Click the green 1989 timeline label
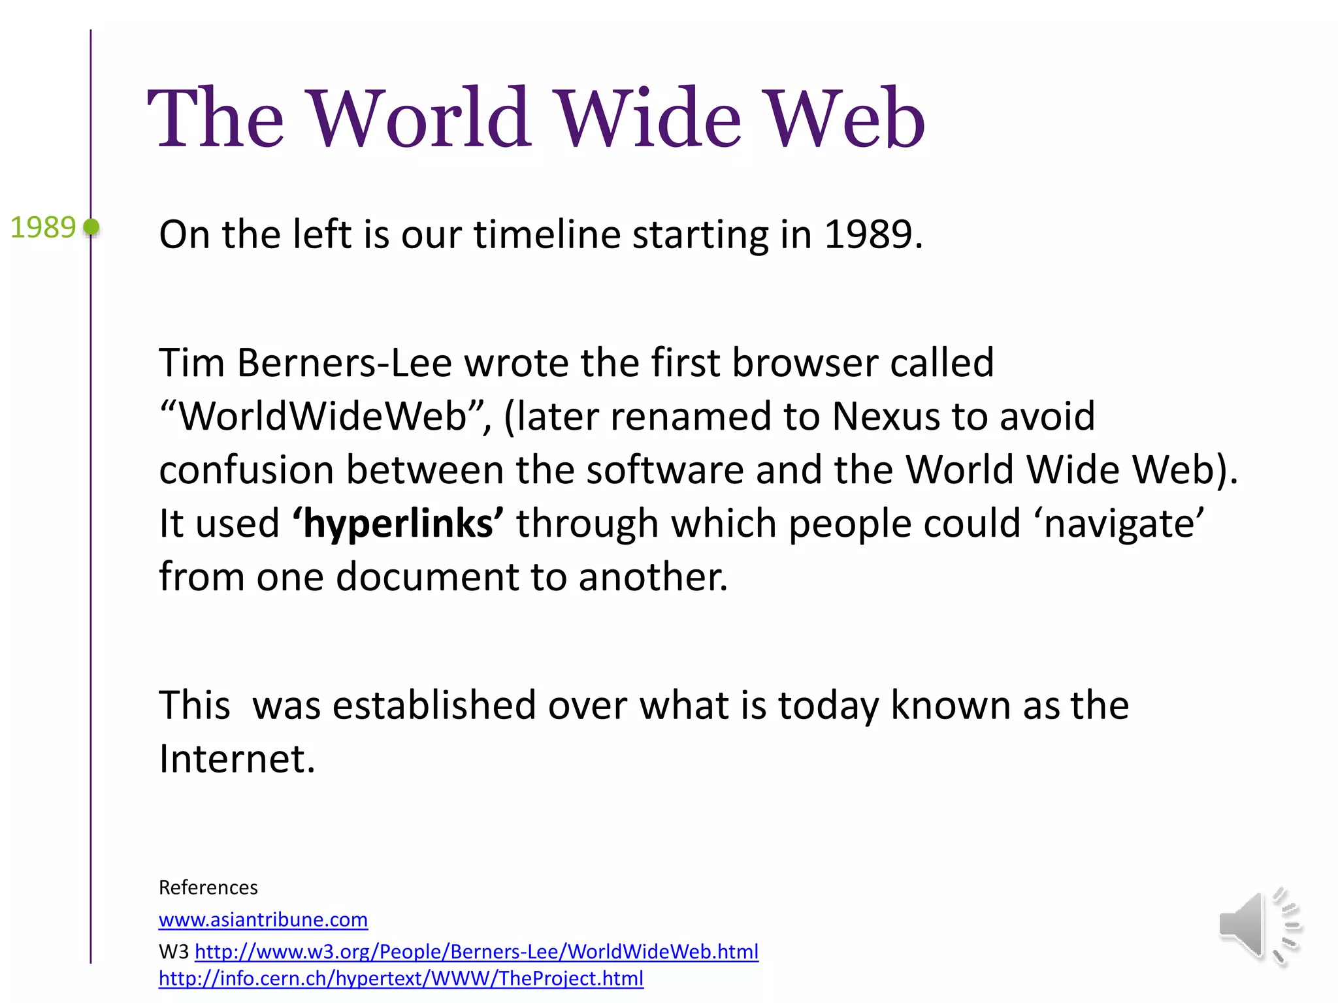(43, 228)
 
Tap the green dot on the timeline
(91, 227)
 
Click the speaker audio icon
(1259, 926)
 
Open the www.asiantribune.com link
(263, 919)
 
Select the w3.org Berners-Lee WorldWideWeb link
(476, 951)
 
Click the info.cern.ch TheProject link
(400, 978)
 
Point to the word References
(208, 887)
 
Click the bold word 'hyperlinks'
(398, 524)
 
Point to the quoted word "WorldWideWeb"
(323, 417)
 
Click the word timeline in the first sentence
(547, 234)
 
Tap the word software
(664, 470)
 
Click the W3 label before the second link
(173, 952)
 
